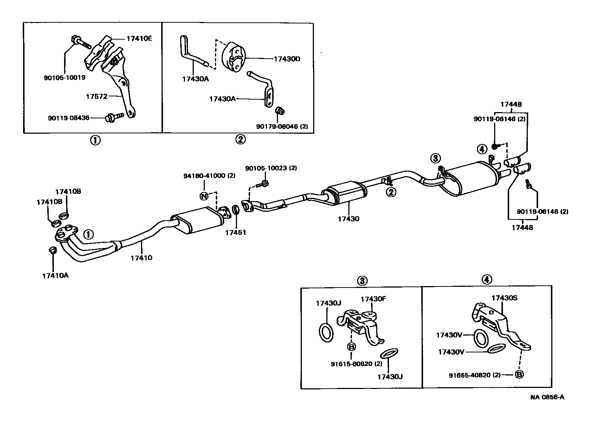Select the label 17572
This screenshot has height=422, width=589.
pyautogui.click(x=97, y=96)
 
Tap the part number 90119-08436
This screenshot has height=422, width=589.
pyautogui.click(x=68, y=118)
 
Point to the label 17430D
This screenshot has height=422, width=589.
pyautogui.click(x=287, y=59)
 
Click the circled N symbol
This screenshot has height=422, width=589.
pyautogui.click(x=204, y=196)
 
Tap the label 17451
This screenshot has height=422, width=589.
pyautogui.click(x=236, y=232)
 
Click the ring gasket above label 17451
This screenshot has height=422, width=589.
pyautogui.click(x=237, y=211)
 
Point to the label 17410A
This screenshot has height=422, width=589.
pyautogui.click(x=55, y=275)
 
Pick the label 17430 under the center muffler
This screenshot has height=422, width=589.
pyautogui.click(x=349, y=219)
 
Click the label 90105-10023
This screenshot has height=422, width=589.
pyautogui.click(x=271, y=168)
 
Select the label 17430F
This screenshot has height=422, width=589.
pyautogui.click(x=373, y=299)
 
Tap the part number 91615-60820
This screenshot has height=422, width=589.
pyautogui.click(x=351, y=364)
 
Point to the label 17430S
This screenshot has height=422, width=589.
pyautogui.click(x=504, y=298)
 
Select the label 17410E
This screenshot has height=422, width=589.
pyautogui.click(x=139, y=38)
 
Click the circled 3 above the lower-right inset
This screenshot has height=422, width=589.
pyautogui.click(x=362, y=281)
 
